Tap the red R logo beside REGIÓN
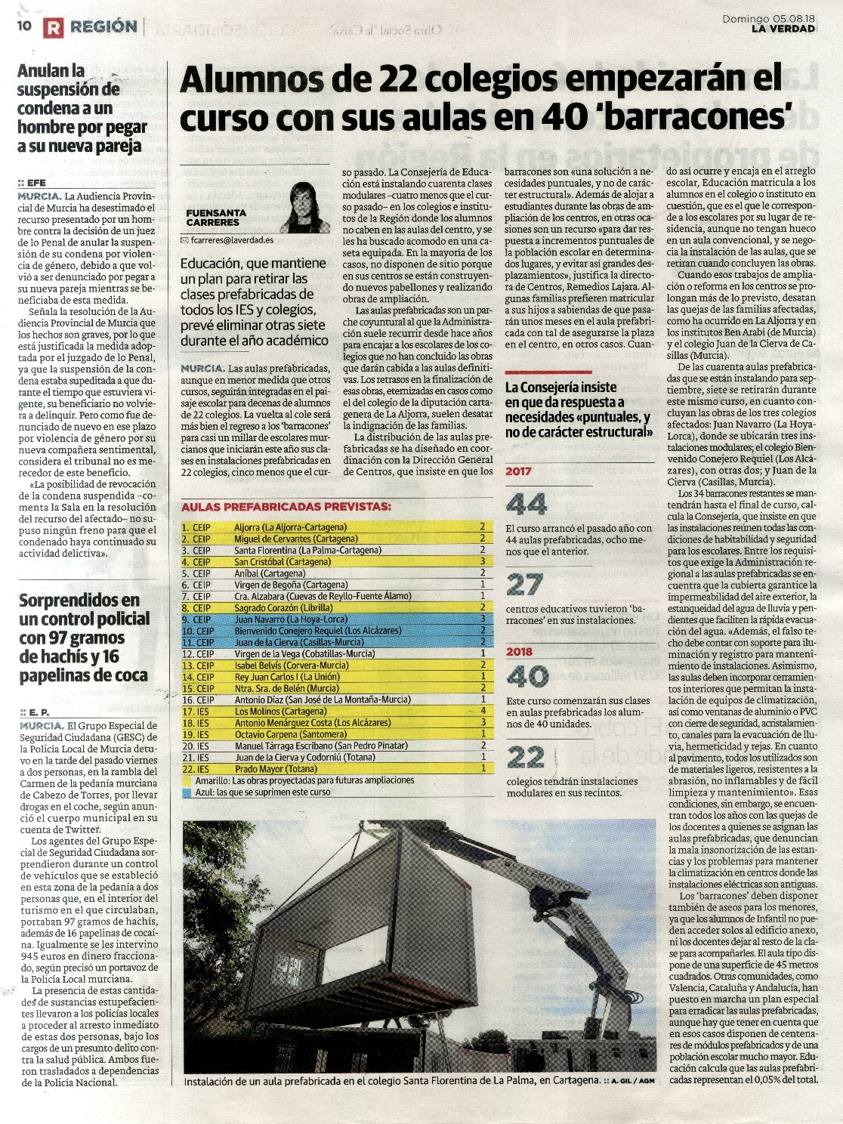pyautogui.click(x=53, y=28)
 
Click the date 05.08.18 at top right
pyautogui.click(x=791, y=18)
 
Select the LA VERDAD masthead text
pyautogui.click(x=783, y=29)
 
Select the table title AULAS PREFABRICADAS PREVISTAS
pyautogui.click(x=286, y=506)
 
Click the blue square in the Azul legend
pyautogui.click(x=187, y=792)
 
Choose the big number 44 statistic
pyautogui.click(x=526, y=504)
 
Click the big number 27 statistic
pyautogui.click(x=524, y=584)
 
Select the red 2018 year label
pyautogui.click(x=519, y=651)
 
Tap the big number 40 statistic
pyautogui.click(x=526, y=676)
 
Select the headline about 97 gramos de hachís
pyautogui.click(x=84, y=638)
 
